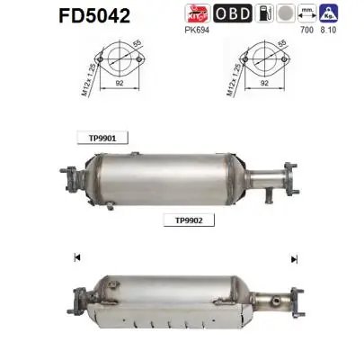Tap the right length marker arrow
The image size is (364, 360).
[293, 259]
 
